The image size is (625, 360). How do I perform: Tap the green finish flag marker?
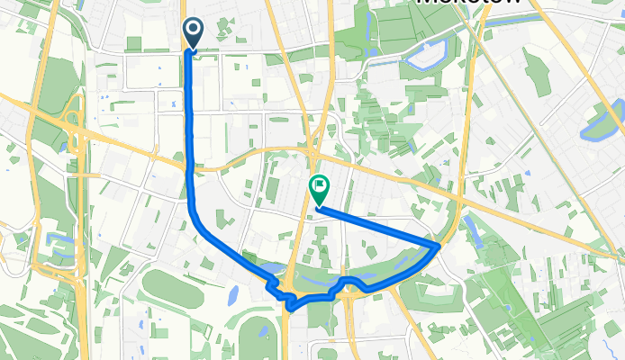pos(319,188)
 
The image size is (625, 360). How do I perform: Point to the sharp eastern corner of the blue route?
pos(439,244)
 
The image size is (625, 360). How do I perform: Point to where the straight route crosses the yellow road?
pos(191,166)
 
